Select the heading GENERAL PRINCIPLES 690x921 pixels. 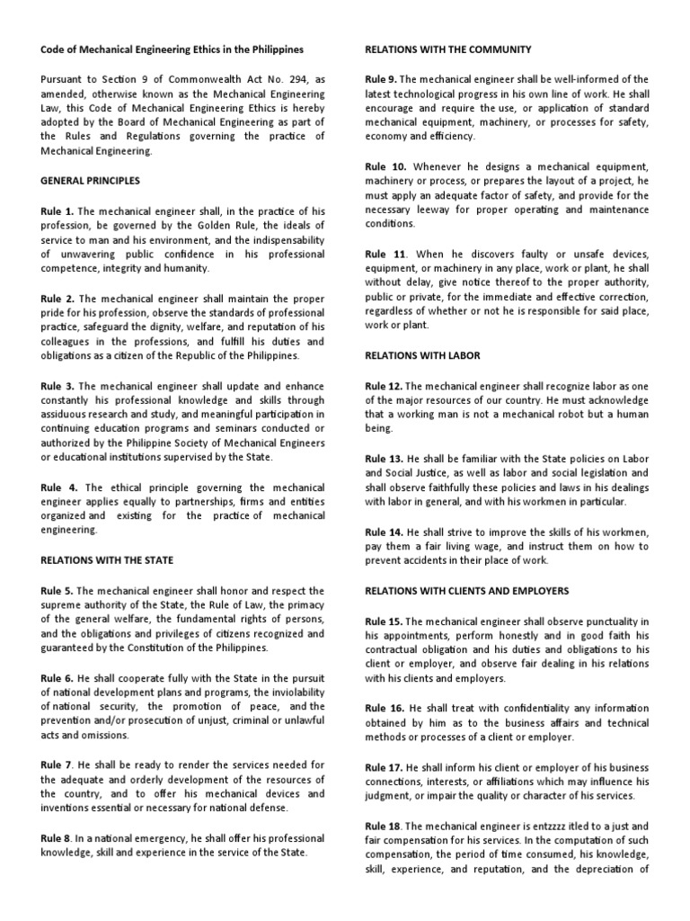click(x=90, y=181)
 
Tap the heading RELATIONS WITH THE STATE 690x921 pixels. click(x=107, y=560)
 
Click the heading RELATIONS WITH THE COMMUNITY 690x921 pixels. click(x=447, y=49)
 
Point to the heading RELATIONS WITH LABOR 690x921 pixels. click(x=422, y=355)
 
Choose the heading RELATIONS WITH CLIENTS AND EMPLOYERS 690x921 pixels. click(x=466, y=591)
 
